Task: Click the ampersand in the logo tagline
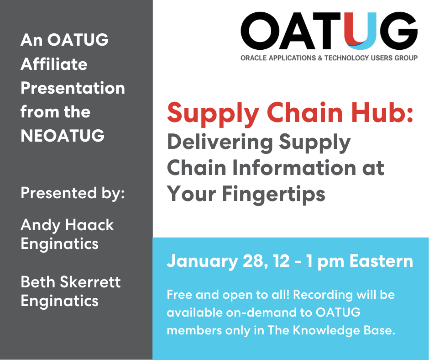tap(320, 58)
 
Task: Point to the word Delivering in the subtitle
tap(220, 142)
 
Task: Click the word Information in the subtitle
tap(294, 168)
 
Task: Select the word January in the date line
tap(202, 261)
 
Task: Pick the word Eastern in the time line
tap(381, 261)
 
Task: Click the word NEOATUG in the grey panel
tap(63, 135)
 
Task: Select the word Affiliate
tap(54, 64)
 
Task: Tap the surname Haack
tap(89, 225)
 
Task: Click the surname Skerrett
tap(90, 282)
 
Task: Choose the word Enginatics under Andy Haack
tap(59, 244)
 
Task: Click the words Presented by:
tap(73, 193)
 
